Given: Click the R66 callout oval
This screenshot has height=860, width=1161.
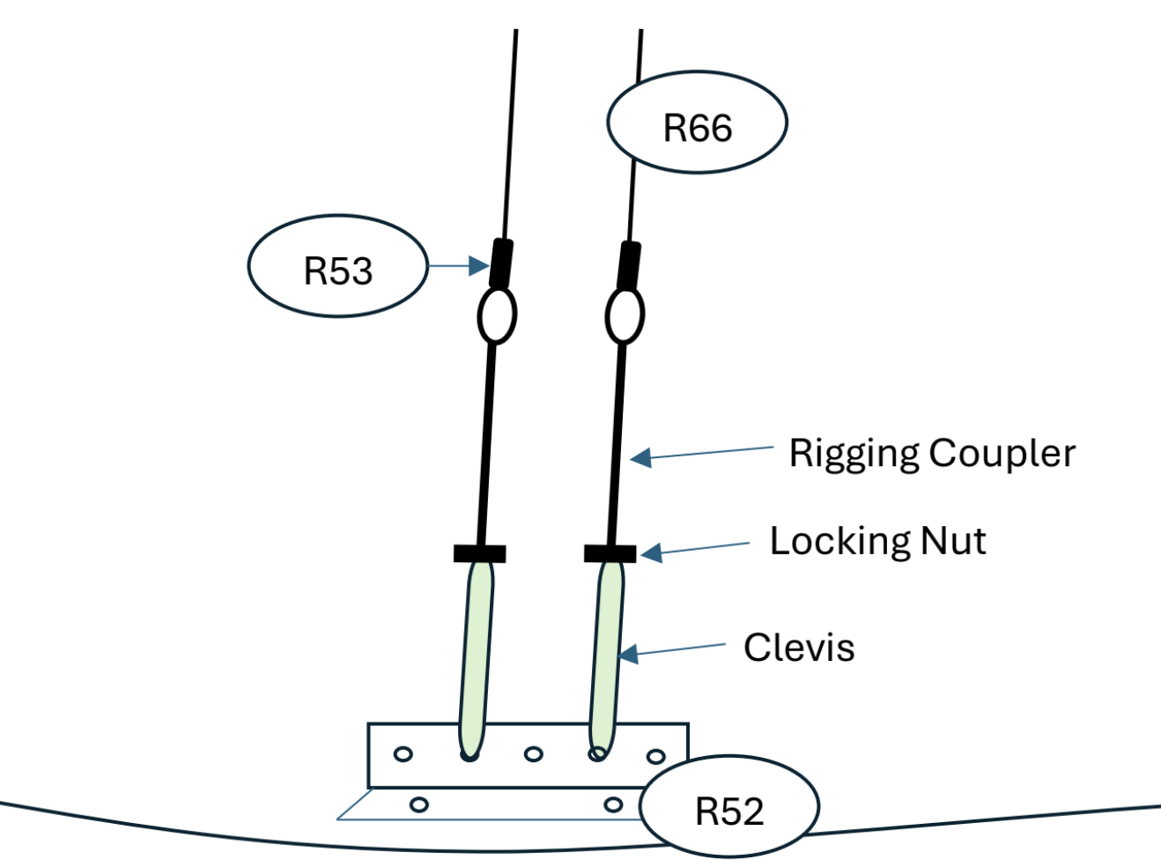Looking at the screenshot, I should [x=697, y=122].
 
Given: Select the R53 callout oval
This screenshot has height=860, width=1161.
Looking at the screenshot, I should [x=338, y=266].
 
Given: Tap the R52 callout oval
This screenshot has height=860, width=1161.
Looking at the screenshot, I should [x=729, y=807].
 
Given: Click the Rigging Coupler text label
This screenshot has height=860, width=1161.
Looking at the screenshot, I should [x=931, y=453].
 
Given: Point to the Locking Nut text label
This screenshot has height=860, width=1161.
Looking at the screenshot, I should [x=877, y=541].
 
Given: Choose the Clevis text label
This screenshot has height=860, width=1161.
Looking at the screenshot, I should [x=799, y=648].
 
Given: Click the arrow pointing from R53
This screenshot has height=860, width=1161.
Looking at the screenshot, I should [x=458, y=265].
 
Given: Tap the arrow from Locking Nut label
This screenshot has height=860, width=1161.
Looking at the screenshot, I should [x=695, y=549].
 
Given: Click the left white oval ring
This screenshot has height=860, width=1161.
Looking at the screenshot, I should [x=497, y=315].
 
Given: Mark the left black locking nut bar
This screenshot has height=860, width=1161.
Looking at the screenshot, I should [x=480, y=553].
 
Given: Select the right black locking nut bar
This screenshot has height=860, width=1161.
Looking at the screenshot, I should [x=610, y=553].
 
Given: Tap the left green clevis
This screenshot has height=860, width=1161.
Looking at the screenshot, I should [x=477, y=656].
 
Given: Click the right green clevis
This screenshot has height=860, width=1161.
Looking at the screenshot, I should [x=607, y=656].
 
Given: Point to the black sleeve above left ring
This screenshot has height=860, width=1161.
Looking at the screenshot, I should [x=502, y=263].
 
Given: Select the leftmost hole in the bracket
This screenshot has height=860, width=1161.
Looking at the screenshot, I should [x=403, y=754].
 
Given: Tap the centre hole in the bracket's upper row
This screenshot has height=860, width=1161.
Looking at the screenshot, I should [x=533, y=754].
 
